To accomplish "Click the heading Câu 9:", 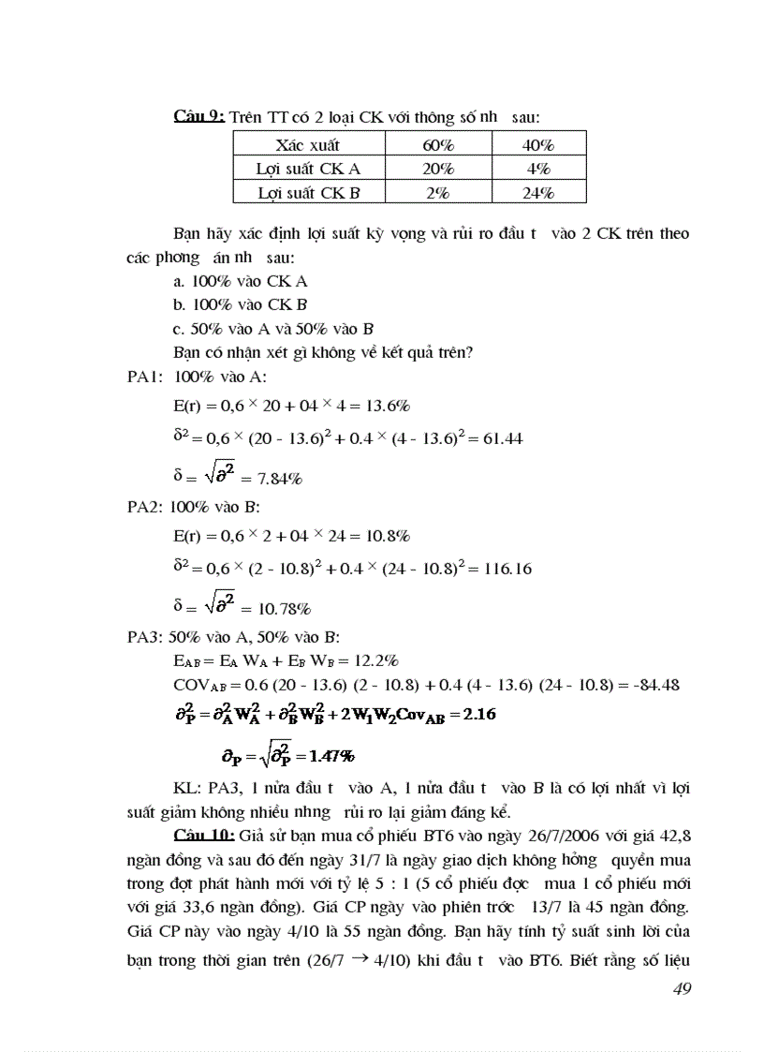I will [198, 117].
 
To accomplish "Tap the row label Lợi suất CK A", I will [308, 169].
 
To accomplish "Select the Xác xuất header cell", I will [308, 144].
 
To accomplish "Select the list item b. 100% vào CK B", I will [241, 304].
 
